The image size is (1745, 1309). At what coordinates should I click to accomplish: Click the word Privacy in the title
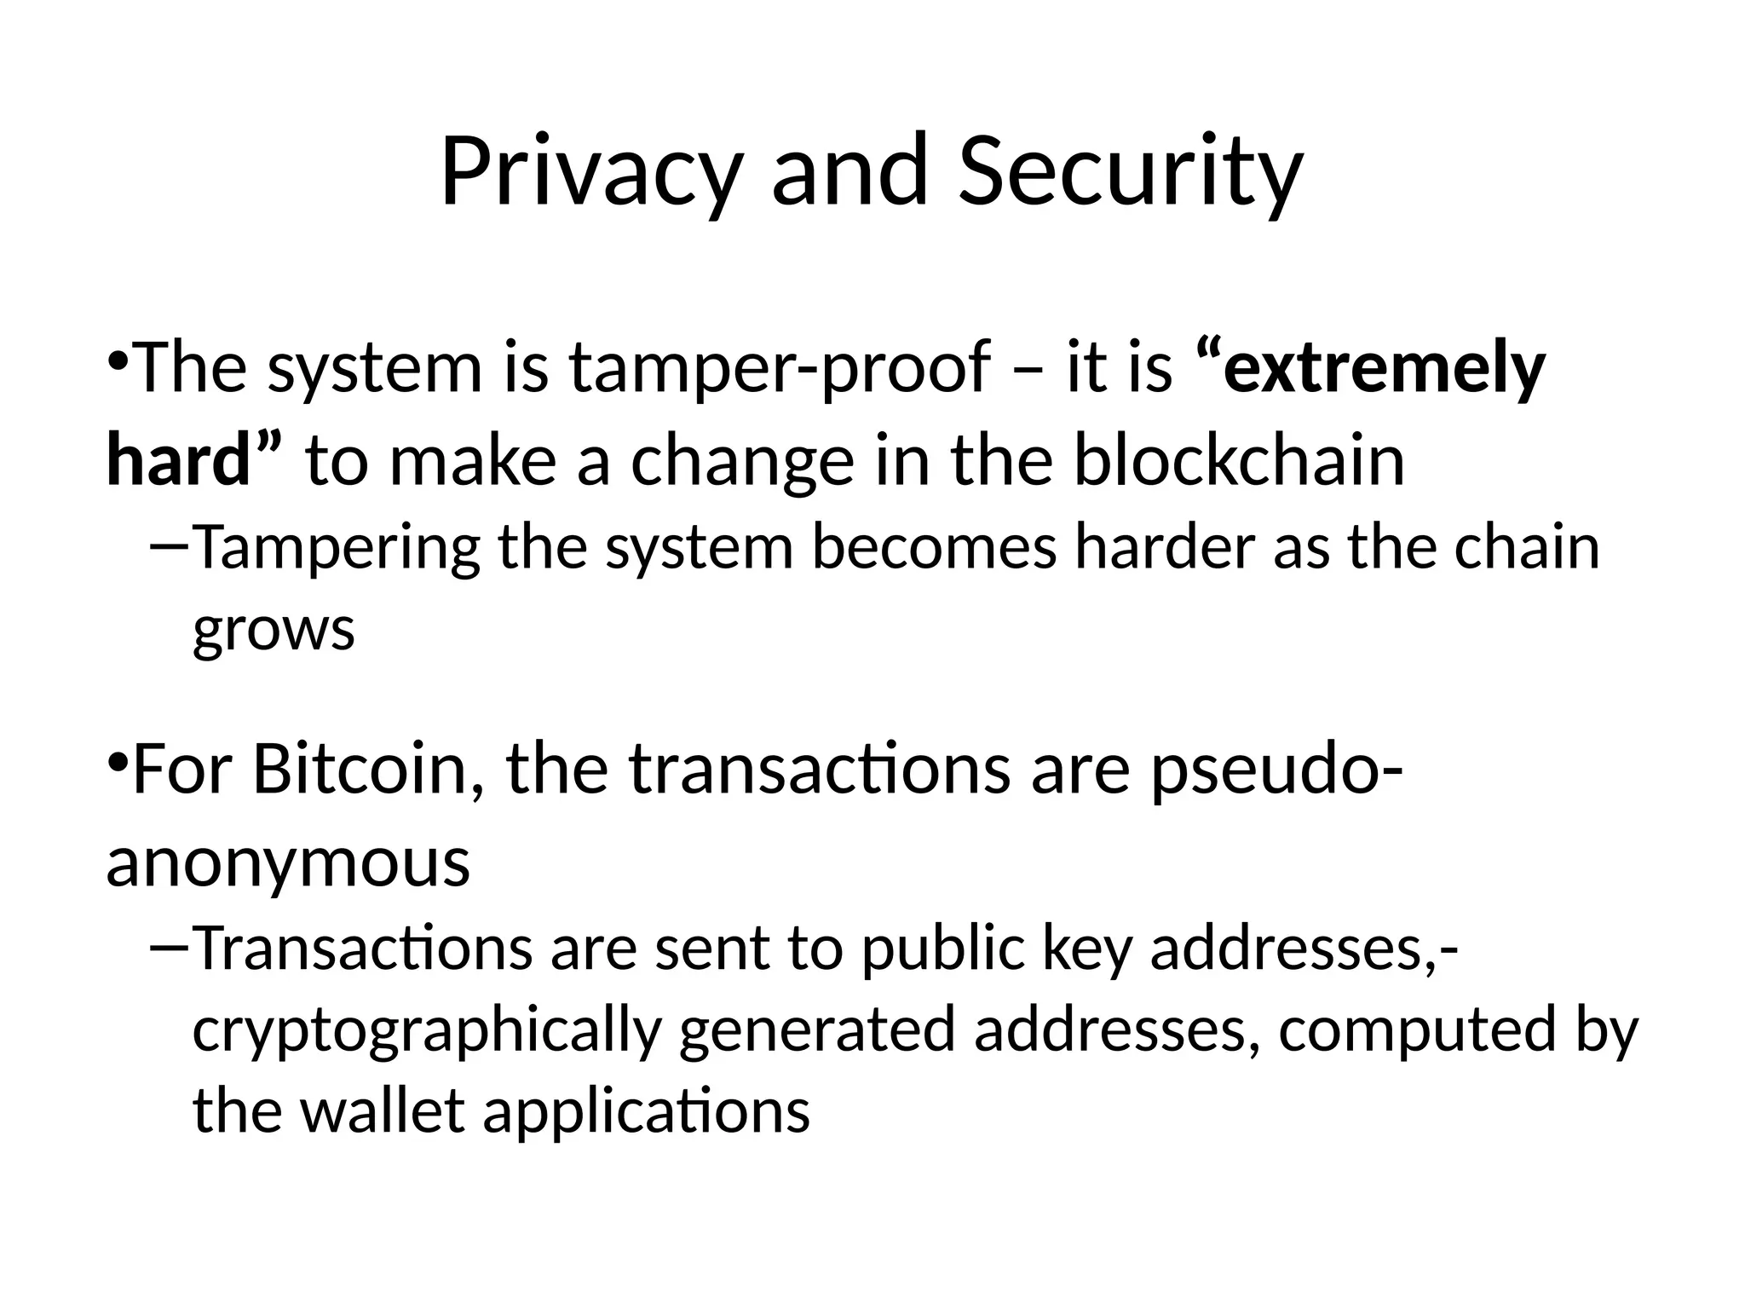click(589, 173)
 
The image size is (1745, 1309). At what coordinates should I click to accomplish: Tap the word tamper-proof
click(780, 368)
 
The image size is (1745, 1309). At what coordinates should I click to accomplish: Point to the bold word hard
click(178, 460)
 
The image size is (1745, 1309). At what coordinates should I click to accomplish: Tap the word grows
click(274, 629)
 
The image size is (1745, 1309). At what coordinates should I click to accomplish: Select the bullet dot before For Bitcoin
click(118, 758)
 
